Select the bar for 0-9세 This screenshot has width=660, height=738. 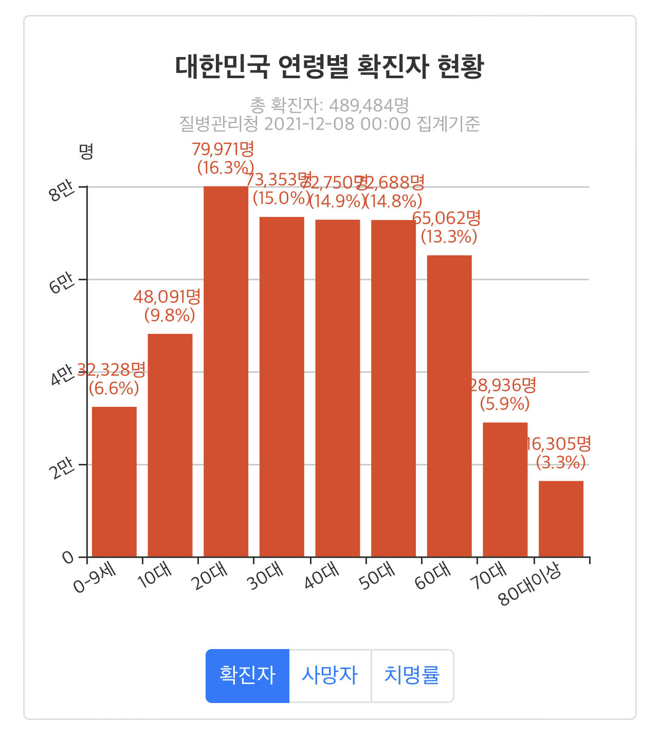(114, 481)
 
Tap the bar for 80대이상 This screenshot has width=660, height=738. (561, 518)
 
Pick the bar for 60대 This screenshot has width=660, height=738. (449, 406)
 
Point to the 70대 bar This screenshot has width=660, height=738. (505, 489)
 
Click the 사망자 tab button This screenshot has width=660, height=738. (329, 675)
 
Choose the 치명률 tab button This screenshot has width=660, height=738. (412, 675)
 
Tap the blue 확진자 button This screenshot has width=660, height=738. (247, 675)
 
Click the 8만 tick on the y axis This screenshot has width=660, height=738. (61, 191)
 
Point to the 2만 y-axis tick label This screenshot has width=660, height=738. (61, 469)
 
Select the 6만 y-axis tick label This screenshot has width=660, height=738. (61, 284)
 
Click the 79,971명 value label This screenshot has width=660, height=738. (223, 149)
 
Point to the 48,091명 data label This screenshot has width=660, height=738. (167, 297)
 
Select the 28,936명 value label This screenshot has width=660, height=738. (504, 385)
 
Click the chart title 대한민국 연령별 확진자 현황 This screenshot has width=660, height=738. (329, 67)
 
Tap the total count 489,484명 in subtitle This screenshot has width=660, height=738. (369, 105)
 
